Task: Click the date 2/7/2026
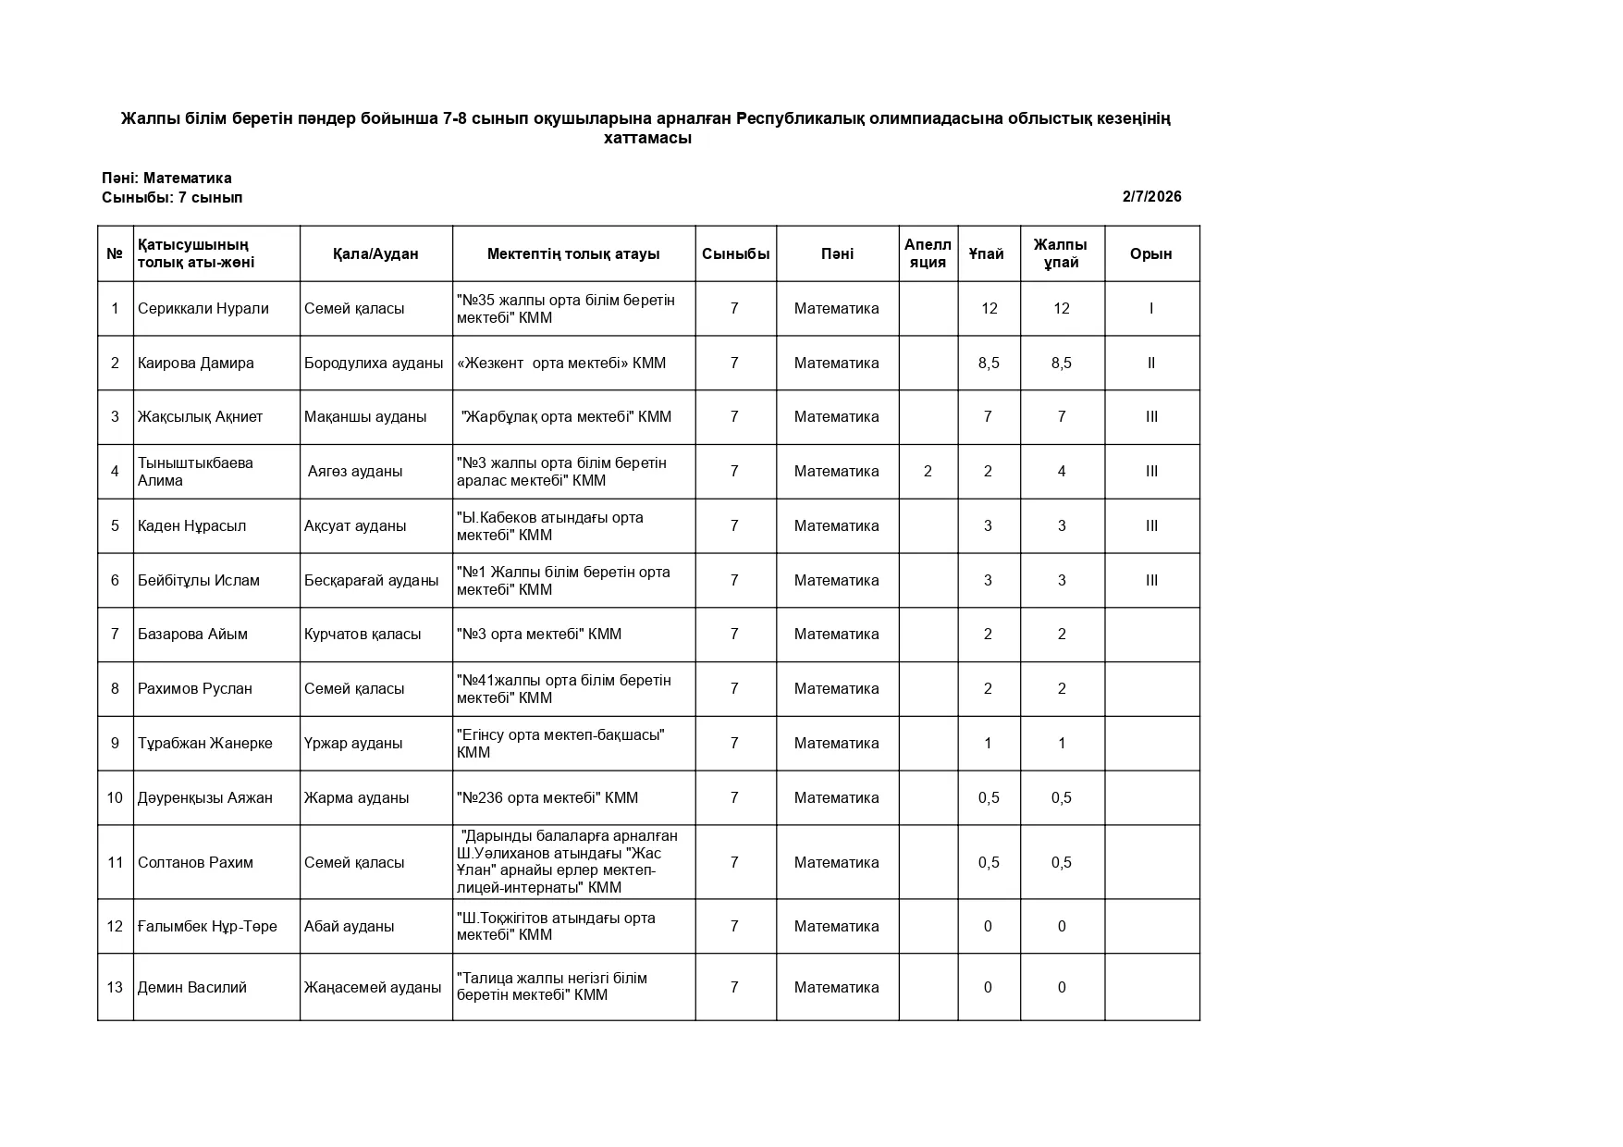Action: [1151, 196]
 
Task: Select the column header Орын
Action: [1150, 253]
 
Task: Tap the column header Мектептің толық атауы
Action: [573, 253]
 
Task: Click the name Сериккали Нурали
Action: [203, 308]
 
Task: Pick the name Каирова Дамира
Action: [196, 363]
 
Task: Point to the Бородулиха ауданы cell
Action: [374, 363]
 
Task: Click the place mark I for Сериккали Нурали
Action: [1151, 308]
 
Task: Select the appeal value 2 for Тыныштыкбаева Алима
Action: [928, 471]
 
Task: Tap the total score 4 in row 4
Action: [1062, 471]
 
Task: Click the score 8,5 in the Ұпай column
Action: [989, 363]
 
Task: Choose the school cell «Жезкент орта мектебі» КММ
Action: [561, 363]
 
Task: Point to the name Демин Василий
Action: [192, 987]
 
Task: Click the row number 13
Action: [115, 987]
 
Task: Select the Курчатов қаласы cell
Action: [363, 634]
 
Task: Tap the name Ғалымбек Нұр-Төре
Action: [207, 926]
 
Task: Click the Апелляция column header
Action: [928, 253]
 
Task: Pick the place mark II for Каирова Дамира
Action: [1151, 363]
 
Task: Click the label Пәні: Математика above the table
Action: [166, 178]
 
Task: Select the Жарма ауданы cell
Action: [356, 797]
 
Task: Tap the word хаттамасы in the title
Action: [647, 139]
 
